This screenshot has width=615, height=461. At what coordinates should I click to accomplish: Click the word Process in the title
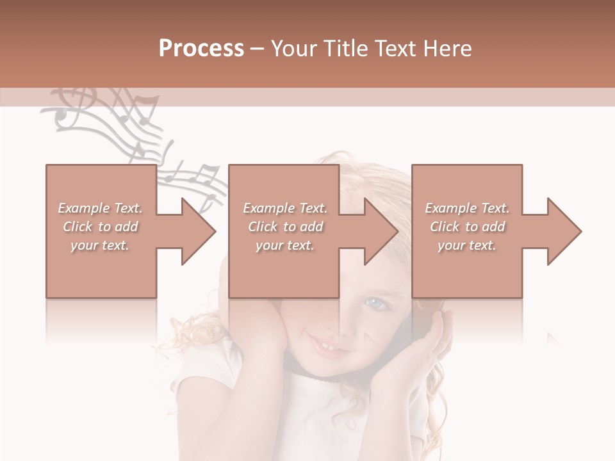pyautogui.click(x=201, y=49)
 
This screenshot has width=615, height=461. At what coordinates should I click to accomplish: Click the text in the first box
pyautogui.click(x=100, y=227)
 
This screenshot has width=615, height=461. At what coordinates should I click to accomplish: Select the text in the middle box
pyautogui.click(x=284, y=227)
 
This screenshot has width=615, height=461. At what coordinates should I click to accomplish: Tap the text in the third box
pyautogui.click(x=467, y=227)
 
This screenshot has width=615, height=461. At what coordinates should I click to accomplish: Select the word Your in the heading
pyautogui.click(x=293, y=49)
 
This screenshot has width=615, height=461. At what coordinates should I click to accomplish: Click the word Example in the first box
pyautogui.click(x=83, y=208)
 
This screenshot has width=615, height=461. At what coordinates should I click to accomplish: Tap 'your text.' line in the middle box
pyautogui.click(x=284, y=245)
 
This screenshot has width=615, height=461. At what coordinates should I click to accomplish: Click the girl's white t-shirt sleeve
pyautogui.click(x=199, y=378)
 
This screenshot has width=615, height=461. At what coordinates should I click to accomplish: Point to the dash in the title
pyautogui.click(x=258, y=49)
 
